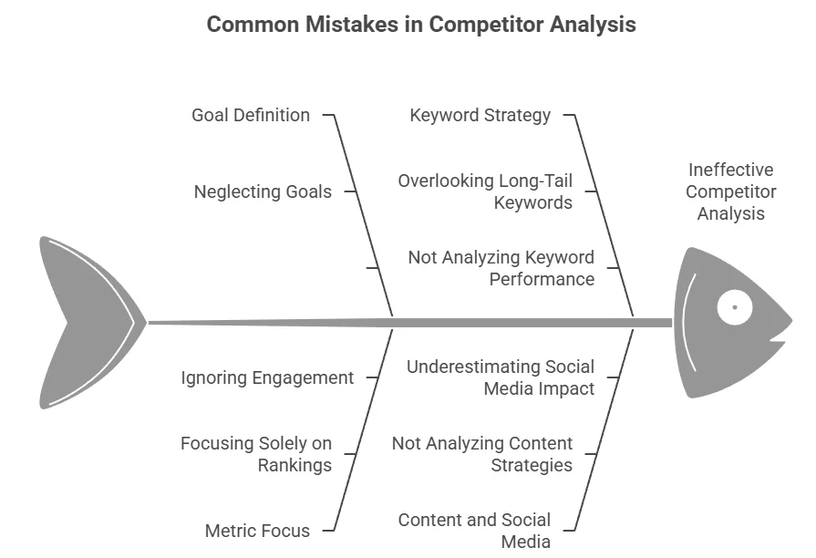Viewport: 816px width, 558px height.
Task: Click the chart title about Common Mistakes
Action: pyautogui.click(x=421, y=25)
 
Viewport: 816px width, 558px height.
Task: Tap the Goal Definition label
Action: pyautogui.click(x=251, y=116)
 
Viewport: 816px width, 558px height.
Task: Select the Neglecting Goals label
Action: pyautogui.click(x=263, y=192)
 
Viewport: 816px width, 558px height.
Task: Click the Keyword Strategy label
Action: pyautogui.click(x=480, y=116)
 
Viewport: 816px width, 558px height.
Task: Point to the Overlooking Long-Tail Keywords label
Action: pyautogui.click(x=485, y=191)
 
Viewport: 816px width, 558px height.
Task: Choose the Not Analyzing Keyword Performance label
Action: pyautogui.click(x=501, y=268)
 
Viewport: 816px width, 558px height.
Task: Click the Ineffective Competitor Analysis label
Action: pyautogui.click(x=731, y=191)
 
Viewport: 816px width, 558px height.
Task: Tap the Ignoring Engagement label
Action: pyautogui.click(x=267, y=377)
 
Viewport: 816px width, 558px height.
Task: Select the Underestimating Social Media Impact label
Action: pyautogui.click(x=501, y=377)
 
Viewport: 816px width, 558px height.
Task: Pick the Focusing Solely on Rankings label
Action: pyautogui.click(x=256, y=454)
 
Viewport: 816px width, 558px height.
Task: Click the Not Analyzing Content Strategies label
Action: pyautogui.click(x=482, y=454)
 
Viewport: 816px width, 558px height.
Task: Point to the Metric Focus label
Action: pyautogui.click(x=257, y=531)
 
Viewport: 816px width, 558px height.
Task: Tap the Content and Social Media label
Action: pyautogui.click(x=474, y=531)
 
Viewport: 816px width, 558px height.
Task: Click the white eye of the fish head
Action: pyautogui.click(x=734, y=307)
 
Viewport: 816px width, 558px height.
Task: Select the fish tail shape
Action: pyautogui.click(x=87, y=322)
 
